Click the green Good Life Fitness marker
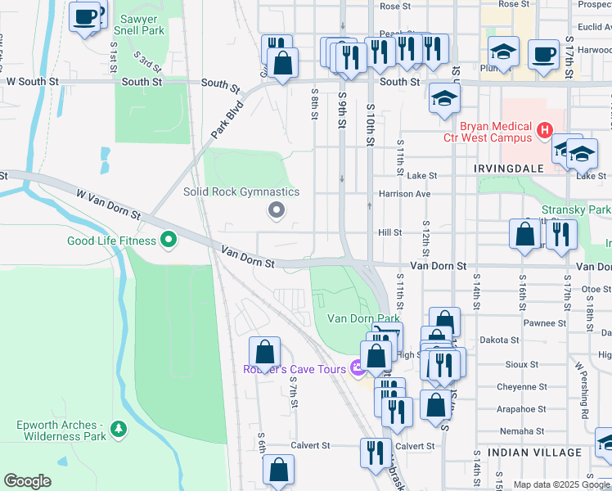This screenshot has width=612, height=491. [x=169, y=241]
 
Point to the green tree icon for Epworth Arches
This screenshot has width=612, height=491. [x=119, y=428]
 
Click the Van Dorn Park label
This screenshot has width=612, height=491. [x=363, y=318]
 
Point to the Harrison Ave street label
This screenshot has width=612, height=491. [x=403, y=194]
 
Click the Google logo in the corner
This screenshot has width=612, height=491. [x=28, y=481]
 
